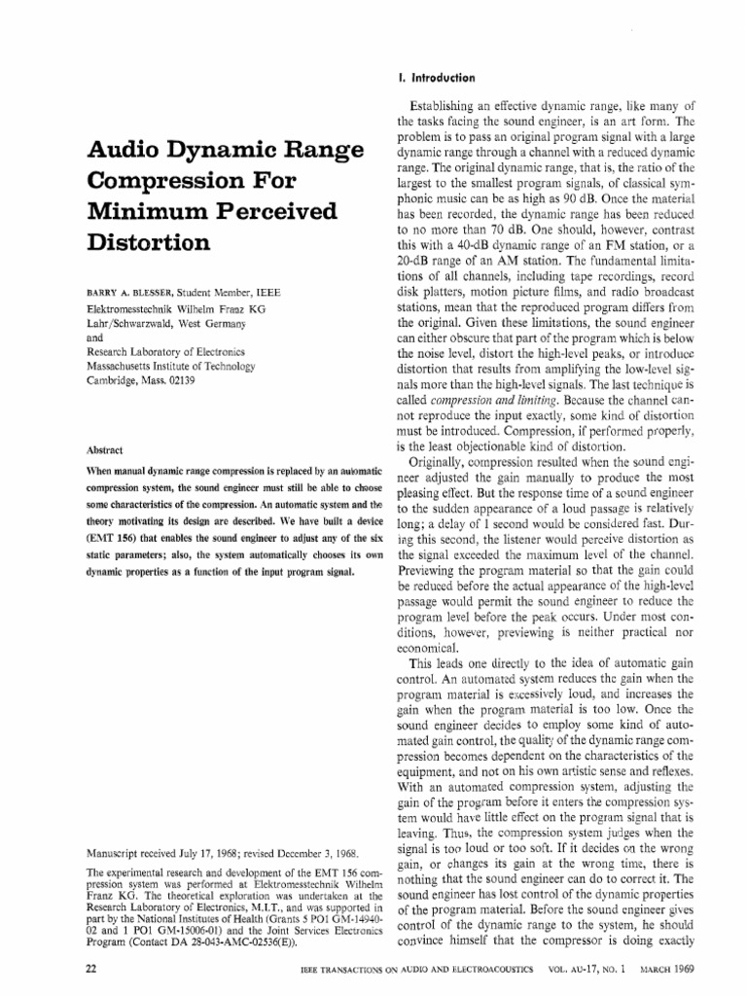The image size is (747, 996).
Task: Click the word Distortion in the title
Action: click(x=149, y=242)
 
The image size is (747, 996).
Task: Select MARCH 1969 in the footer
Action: click(x=694, y=971)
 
